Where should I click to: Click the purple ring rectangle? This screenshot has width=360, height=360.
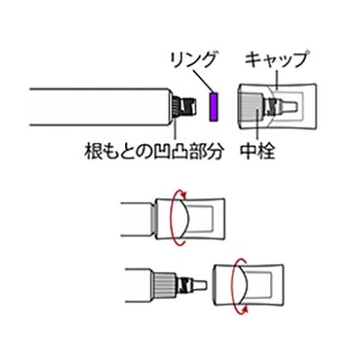213,107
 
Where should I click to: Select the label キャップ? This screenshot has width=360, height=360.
275,60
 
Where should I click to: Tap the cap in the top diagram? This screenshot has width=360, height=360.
276,106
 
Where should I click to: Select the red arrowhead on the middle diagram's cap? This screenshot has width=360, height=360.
184,195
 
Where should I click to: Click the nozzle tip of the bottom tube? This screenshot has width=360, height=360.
201,284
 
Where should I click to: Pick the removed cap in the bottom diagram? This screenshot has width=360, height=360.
247,284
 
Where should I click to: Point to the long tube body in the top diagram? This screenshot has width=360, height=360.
100,107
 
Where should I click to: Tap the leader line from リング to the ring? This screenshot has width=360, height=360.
203,81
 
